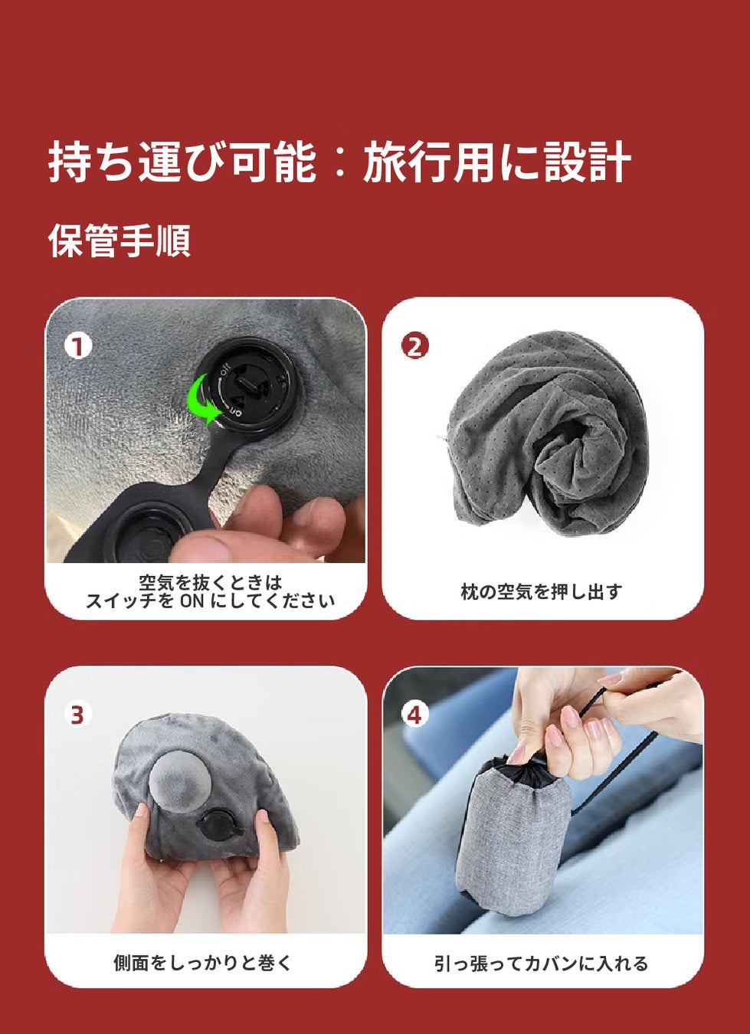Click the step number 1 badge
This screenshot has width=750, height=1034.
78,347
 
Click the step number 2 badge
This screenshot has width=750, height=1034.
415,347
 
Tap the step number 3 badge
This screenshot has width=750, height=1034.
77,715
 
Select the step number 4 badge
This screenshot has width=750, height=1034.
415,715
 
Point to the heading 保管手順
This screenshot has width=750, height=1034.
120,240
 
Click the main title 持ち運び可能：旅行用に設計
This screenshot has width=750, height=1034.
340,161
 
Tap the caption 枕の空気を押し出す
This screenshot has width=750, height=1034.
542,592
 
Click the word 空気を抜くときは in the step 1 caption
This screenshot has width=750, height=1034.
210,583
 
